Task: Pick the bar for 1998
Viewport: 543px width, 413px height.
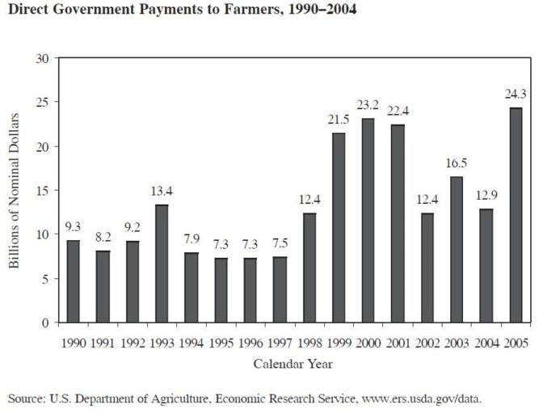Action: (x=309, y=268)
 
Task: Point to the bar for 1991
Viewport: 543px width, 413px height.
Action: (x=103, y=286)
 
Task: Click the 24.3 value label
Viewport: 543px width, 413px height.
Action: (x=516, y=93)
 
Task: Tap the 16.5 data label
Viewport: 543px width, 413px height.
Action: (x=457, y=162)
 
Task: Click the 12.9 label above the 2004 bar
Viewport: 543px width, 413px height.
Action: (x=486, y=194)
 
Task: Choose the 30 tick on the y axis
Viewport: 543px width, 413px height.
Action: (x=42, y=58)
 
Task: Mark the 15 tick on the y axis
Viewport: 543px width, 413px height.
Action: (x=42, y=190)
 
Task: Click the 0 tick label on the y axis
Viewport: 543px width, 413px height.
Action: (x=45, y=322)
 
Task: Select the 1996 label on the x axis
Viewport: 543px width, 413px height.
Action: (x=250, y=343)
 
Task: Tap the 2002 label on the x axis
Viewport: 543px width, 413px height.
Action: (x=427, y=343)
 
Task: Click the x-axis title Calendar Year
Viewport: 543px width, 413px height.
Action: (x=293, y=364)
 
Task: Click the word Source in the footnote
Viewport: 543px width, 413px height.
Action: (x=26, y=398)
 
